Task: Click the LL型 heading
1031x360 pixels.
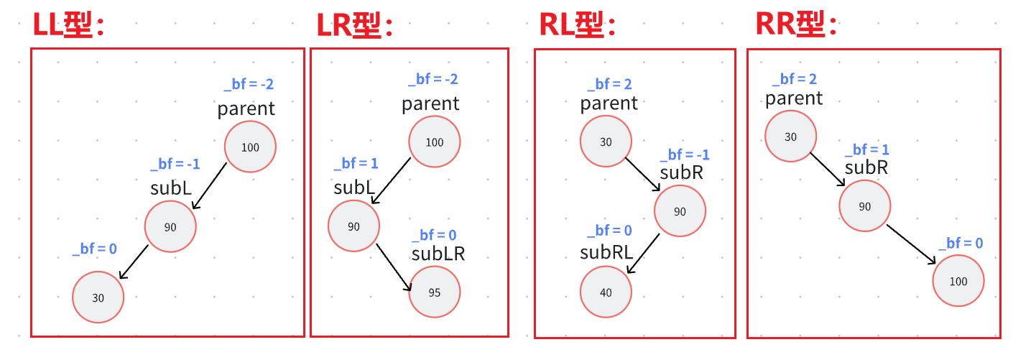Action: click(x=69, y=26)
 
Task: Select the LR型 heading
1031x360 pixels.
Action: click(x=355, y=26)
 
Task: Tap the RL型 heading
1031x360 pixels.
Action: click(x=578, y=26)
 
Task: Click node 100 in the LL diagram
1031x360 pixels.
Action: click(x=250, y=147)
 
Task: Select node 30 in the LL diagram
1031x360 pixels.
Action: click(x=98, y=297)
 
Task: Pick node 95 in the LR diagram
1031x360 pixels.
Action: click(x=435, y=292)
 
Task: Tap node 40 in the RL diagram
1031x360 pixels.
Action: click(x=606, y=292)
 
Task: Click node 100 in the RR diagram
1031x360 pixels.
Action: click(x=958, y=282)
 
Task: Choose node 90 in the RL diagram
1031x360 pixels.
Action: click(x=680, y=212)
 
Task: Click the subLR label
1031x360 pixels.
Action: click(x=438, y=254)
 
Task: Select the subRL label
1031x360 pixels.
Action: click(x=607, y=252)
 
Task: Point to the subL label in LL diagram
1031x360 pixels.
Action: click(x=171, y=188)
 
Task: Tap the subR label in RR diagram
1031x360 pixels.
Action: click(x=866, y=167)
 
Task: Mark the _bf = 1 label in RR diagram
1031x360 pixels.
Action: click(x=866, y=149)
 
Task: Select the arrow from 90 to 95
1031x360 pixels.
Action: click(x=394, y=267)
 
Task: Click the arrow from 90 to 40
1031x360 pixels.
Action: click(x=644, y=253)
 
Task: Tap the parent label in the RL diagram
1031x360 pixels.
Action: click(x=609, y=103)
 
